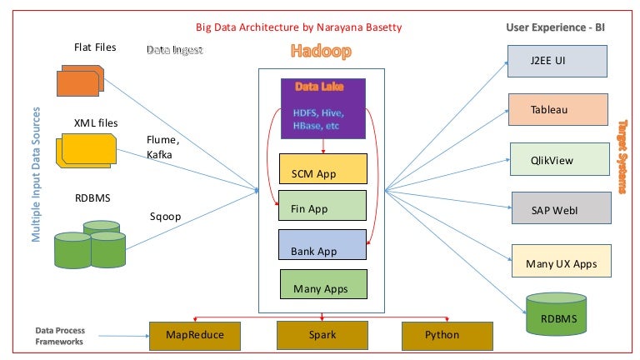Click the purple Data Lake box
tap(322, 108)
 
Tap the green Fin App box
tap(322, 207)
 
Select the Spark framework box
tap(323, 334)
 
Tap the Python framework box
tap(442, 334)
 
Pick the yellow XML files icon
tap(86, 150)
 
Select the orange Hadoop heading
tap(321, 52)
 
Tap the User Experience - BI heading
tap(555, 27)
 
